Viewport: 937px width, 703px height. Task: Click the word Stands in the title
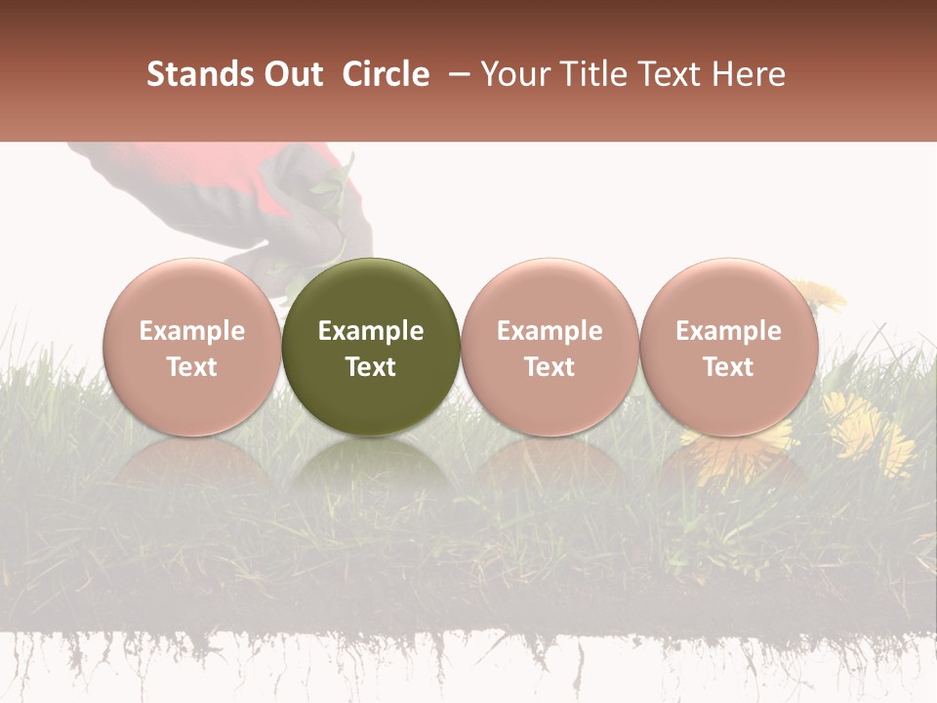(x=199, y=74)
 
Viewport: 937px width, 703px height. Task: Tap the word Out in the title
(x=292, y=74)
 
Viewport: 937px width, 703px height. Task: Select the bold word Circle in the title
(x=386, y=74)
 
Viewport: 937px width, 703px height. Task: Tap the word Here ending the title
(x=747, y=74)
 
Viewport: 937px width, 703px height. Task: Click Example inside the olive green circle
(x=371, y=331)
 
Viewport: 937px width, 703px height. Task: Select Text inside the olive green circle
(x=371, y=367)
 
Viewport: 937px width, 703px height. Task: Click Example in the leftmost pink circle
(x=192, y=331)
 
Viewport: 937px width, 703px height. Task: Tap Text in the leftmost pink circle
(x=192, y=367)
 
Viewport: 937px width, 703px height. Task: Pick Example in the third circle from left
(x=550, y=331)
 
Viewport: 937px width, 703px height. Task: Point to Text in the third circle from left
(x=550, y=367)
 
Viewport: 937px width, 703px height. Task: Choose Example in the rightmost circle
(x=728, y=331)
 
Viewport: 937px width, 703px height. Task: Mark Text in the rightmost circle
(x=728, y=367)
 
